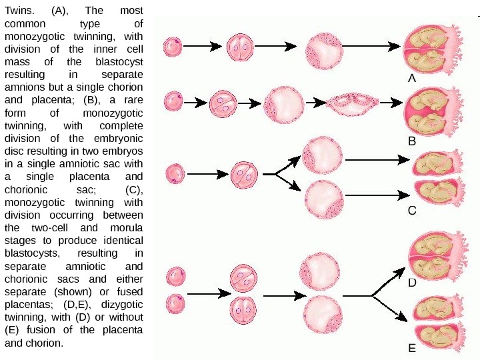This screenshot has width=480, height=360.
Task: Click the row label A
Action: click(412, 78)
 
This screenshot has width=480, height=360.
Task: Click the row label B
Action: click(412, 141)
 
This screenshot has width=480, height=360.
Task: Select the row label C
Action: click(412, 211)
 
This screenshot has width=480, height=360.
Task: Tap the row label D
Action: click(412, 283)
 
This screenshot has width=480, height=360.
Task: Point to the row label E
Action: click(412, 347)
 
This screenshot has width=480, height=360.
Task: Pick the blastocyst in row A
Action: click(324, 49)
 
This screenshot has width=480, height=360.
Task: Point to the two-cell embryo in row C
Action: click(243, 175)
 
